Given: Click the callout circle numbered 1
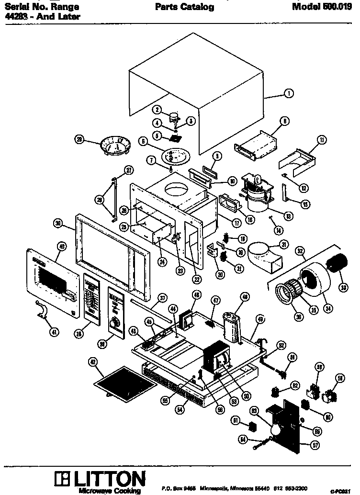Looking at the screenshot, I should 289,94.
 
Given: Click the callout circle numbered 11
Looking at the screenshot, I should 321,139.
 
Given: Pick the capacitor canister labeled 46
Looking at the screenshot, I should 232,326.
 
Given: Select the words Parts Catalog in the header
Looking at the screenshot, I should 184,7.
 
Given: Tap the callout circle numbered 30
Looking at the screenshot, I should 58,224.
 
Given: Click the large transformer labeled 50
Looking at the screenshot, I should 218,364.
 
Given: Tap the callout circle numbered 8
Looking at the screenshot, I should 284,122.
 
